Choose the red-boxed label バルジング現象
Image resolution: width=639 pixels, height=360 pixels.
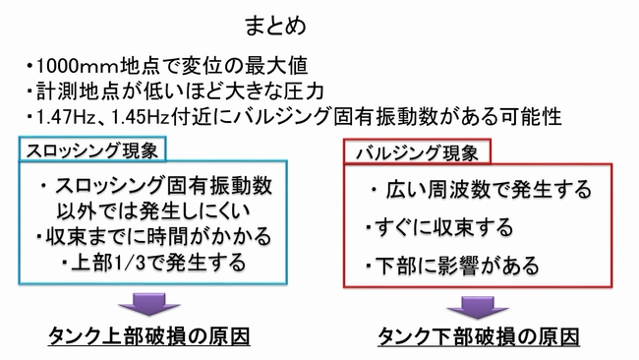[418, 151]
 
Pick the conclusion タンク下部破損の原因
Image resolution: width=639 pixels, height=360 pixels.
[478, 336]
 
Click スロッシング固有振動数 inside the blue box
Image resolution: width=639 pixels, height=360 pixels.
[162, 187]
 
